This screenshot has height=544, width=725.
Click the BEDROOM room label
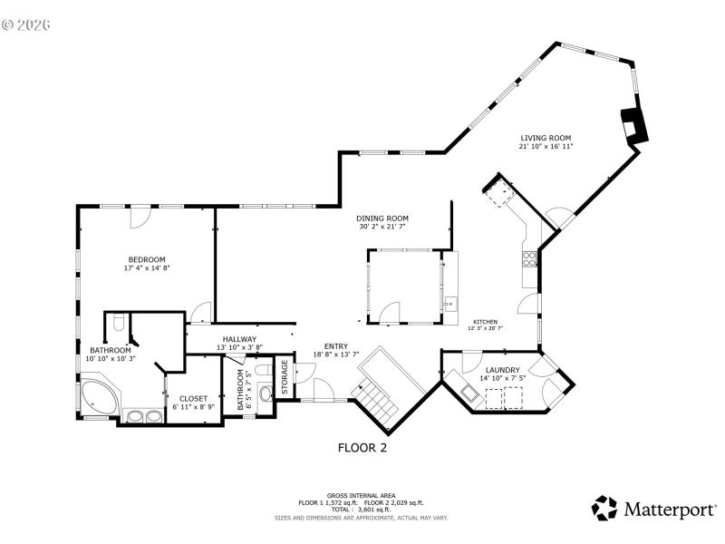coord(147,259)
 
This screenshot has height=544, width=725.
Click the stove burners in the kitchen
coord(527,258)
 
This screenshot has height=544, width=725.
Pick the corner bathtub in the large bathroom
coord(98,396)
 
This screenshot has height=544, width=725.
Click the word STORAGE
coord(284,378)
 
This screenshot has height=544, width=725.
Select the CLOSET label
coord(193,398)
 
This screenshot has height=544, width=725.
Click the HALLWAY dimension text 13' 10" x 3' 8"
coord(239,347)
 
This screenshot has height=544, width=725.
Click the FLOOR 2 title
coord(362,447)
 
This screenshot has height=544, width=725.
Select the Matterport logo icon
coord(604,509)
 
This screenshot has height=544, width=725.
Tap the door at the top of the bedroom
coord(138,217)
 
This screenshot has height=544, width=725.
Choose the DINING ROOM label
coord(382,219)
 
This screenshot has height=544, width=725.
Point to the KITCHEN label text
coord(485,321)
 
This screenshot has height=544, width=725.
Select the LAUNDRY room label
coord(502,370)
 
